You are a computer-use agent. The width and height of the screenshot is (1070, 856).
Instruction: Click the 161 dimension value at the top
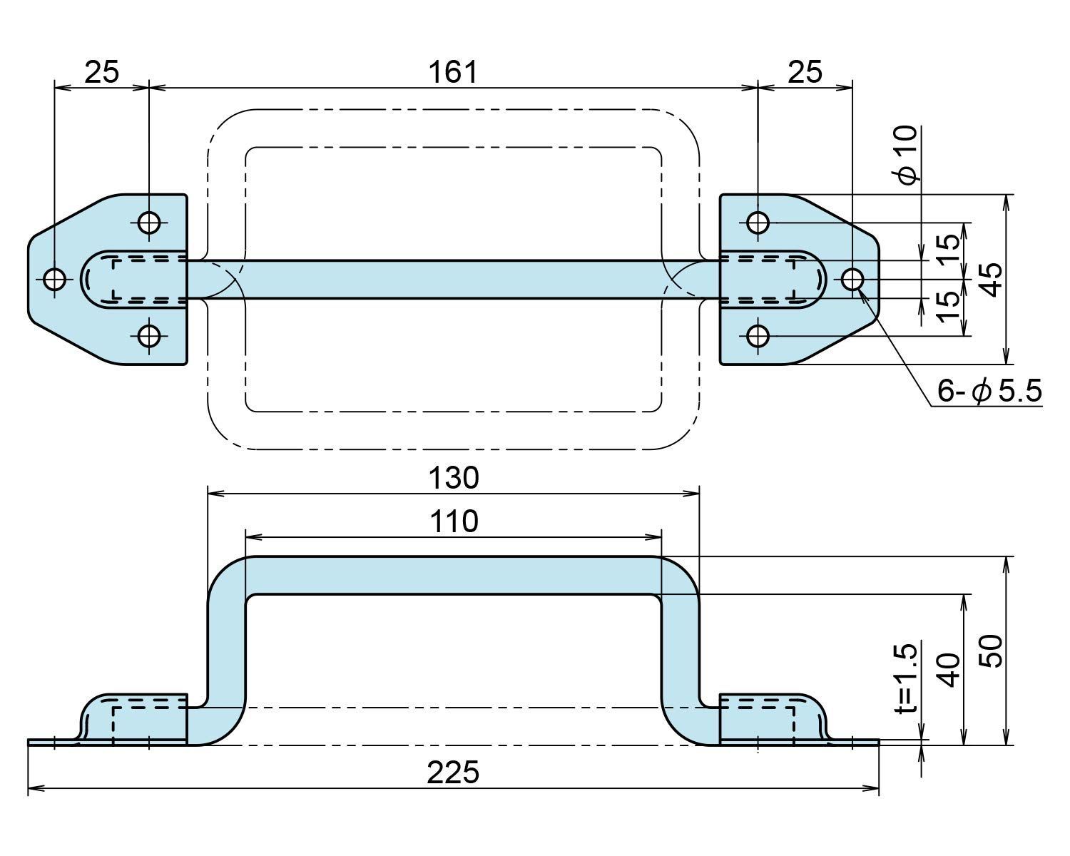pos(452,72)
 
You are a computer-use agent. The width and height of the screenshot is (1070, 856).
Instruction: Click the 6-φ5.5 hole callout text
pos(989,391)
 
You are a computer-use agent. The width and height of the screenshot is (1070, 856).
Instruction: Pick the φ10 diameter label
pos(908,155)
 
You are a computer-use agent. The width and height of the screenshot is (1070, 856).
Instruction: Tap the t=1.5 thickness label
pos(907,678)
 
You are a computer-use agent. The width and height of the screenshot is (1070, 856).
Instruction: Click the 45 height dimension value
pos(990,278)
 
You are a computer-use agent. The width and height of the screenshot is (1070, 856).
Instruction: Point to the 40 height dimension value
pos(949,670)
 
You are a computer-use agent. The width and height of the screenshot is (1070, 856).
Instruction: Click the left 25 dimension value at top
pos(101,72)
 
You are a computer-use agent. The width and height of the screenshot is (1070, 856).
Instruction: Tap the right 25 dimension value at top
pos(805,72)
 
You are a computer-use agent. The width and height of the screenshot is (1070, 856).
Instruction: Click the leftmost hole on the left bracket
pos(55,279)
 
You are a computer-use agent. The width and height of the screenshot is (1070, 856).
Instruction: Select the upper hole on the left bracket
pos(149,223)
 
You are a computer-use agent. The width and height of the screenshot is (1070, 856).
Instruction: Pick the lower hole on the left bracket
pos(149,335)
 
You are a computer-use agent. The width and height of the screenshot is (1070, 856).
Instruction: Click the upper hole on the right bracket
pos(758,223)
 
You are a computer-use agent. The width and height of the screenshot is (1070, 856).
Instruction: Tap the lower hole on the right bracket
pos(758,335)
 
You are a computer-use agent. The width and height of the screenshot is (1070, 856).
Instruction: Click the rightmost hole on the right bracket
pos(852,279)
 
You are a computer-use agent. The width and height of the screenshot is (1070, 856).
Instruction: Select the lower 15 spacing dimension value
pos(949,307)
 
